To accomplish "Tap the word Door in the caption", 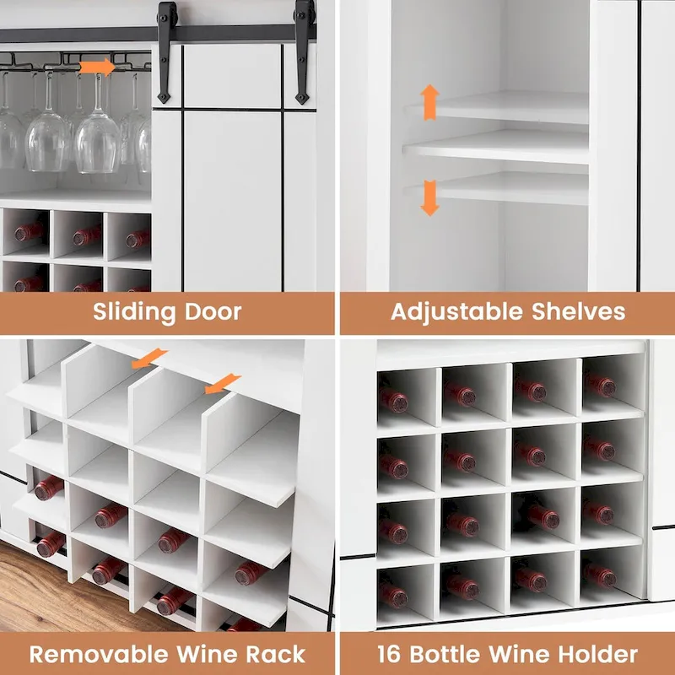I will pyautogui.click(x=213, y=311).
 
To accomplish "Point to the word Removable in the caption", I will pyautogui.click(x=100, y=653).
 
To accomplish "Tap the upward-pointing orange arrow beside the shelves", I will pyautogui.click(x=430, y=101).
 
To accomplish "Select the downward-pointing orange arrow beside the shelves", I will pyautogui.click(x=430, y=197).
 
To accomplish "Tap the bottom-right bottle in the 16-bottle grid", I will pyautogui.click(x=601, y=575).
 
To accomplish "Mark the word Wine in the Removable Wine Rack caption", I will pyautogui.click(x=206, y=653).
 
